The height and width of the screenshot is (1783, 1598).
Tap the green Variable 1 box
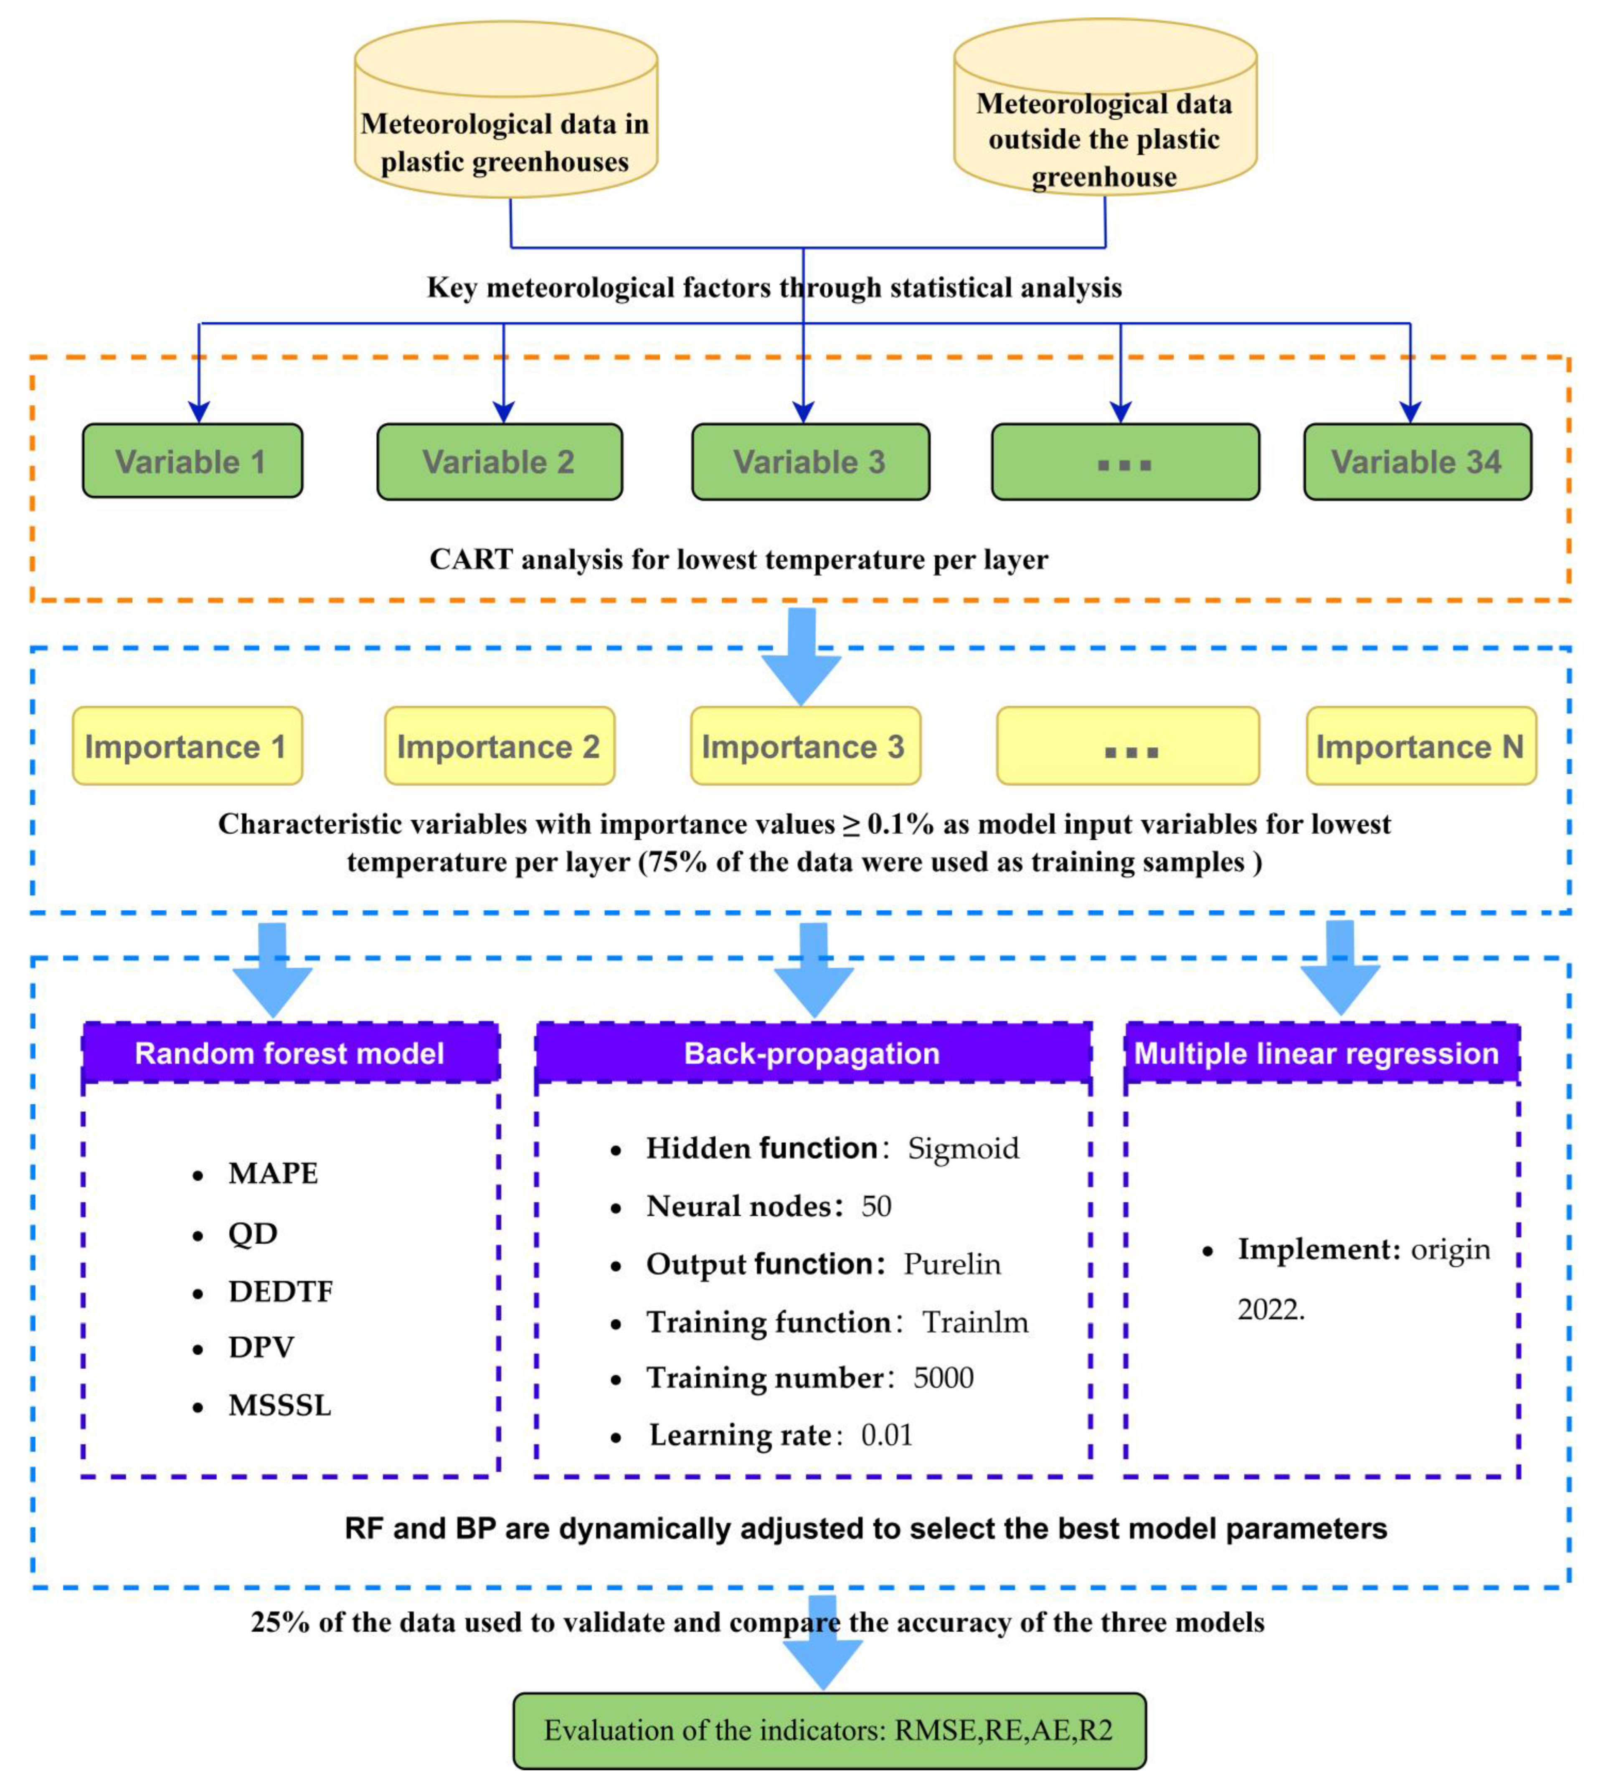192,462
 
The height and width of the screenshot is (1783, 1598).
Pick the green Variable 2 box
500,462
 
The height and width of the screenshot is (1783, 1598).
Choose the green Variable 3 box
809,462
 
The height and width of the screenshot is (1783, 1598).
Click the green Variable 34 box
1417,462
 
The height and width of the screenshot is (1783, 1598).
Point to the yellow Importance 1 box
187,746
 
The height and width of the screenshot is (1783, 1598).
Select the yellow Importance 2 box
499,746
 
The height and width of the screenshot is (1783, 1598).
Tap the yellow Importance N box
1420,746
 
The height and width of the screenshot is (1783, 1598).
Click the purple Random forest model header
291,1053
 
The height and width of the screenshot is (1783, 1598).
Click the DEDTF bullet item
280,1292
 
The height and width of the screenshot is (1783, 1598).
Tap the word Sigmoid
963,1148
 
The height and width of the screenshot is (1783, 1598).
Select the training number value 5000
943,1378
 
